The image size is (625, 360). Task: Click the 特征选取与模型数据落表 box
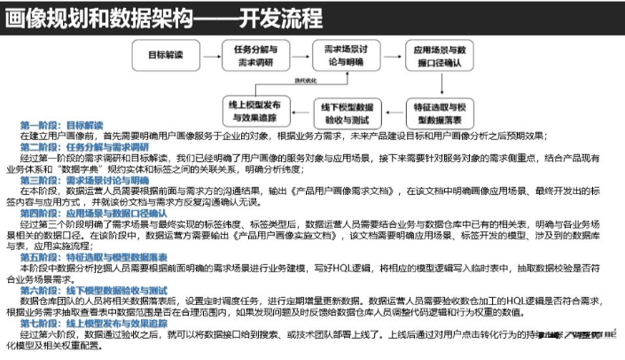point(438,112)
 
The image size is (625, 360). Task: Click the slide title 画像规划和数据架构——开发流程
point(164,17)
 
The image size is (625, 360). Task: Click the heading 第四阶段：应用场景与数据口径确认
point(93,214)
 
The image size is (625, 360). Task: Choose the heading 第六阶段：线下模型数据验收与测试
point(93,290)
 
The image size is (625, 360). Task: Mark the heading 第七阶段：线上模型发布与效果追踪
point(93,324)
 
